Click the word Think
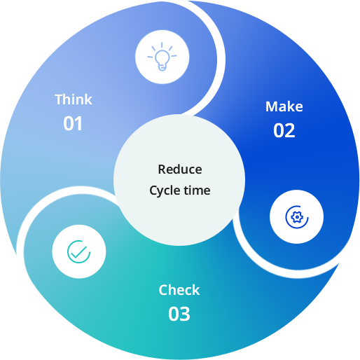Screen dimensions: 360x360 (x=74, y=99)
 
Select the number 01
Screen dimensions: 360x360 (x=73, y=123)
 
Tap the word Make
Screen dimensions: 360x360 (x=284, y=106)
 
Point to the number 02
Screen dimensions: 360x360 (x=284, y=130)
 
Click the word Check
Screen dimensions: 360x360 (x=179, y=290)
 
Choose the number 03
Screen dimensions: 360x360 (x=179, y=314)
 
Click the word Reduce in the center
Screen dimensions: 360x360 (x=180, y=169)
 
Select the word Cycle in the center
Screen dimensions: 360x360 (x=165, y=191)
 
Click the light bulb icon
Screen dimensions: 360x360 (x=162, y=57)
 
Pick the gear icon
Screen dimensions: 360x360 (x=297, y=217)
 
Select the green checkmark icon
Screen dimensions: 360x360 (x=78, y=251)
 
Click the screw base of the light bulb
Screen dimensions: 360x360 (x=162, y=67)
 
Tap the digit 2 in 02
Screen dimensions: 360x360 (x=290, y=130)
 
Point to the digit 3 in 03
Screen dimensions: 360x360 (x=185, y=314)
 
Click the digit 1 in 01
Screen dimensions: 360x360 (x=78, y=123)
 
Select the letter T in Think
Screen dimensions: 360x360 (x=59, y=99)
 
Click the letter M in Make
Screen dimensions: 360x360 (x=272, y=106)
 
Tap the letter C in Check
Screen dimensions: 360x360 (x=163, y=290)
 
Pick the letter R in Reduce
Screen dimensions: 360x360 (x=162, y=169)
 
